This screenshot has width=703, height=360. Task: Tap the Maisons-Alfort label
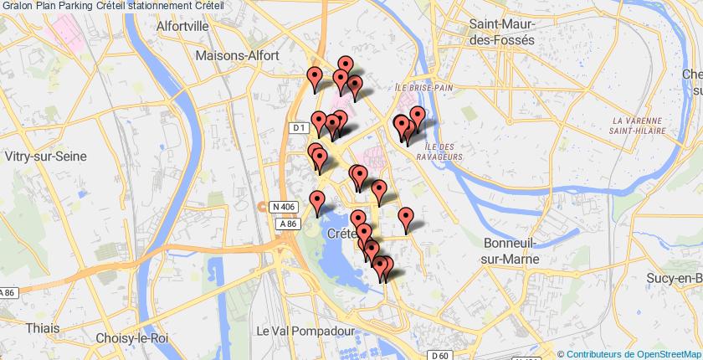click(x=233, y=55)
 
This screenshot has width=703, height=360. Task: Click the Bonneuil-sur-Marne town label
click(x=513, y=250)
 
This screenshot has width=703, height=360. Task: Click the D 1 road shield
click(x=300, y=128)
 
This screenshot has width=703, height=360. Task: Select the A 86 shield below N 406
click(x=290, y=224)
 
